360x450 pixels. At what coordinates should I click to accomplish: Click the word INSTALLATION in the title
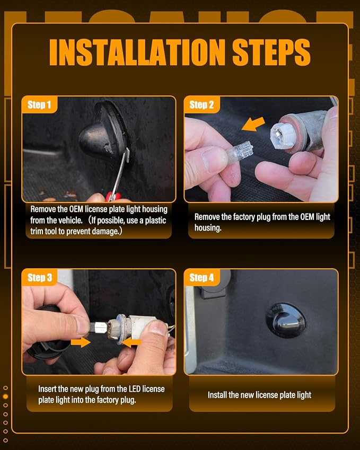coord(137,52)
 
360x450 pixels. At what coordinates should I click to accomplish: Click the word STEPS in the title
coord(271,52)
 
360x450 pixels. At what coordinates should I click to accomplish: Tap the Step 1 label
coord(39,105)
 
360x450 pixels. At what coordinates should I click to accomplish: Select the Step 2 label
coord(201,105)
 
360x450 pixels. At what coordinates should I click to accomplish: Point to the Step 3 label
coord(40,278)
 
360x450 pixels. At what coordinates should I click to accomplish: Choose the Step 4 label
coord(201,278)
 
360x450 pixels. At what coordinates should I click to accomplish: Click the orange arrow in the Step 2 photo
coord(253,124)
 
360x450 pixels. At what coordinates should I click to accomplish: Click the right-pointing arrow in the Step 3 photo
coord(81,342)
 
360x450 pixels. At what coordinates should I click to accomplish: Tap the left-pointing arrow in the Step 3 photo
coord(132,342)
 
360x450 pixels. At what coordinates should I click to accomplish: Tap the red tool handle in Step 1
coord(113,197)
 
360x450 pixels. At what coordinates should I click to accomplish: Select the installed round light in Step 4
coord(285,320)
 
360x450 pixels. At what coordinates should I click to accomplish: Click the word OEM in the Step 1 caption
coord(76,209)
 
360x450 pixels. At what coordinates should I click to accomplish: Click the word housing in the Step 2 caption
coord(208,228)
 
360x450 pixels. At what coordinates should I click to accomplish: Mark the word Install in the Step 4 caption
coord(217,395)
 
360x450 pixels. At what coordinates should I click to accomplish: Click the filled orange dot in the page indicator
coord(5,396)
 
